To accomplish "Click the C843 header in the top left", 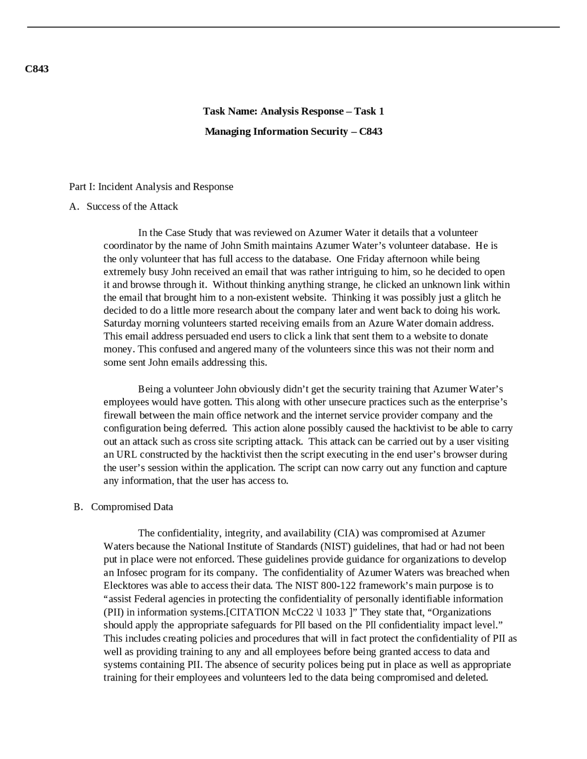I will (37, 69).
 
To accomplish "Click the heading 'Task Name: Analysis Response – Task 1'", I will (293, 111).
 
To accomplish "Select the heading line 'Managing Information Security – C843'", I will (293, 132).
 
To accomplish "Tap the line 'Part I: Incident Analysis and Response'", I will (151, 187).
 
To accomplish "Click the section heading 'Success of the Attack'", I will (132, 206).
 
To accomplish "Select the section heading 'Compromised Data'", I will (132, 507).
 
